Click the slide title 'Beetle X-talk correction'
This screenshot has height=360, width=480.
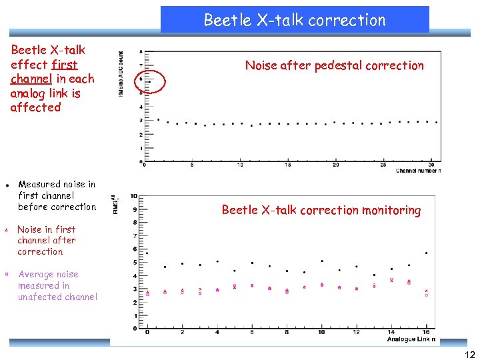click(295, 20)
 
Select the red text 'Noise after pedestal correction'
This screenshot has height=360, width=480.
click(334, 65)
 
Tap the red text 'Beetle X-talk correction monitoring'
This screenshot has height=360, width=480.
click(321, 210)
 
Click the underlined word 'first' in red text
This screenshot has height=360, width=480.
click(63, 65)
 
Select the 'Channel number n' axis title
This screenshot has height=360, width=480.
click(418, 171)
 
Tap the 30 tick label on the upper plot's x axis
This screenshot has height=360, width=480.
click(431, 165)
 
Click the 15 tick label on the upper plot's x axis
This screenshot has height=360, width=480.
click(288, 165)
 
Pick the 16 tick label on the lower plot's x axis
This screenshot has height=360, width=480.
click(426, 332)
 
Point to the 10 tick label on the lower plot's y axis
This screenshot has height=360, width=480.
click(134, 196)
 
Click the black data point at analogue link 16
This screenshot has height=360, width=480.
click(426, 253)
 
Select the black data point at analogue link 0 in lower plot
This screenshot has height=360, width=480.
click(147, 253)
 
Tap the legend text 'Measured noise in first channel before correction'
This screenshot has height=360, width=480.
click(57, 195)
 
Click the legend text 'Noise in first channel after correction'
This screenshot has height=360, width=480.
click(47, 240)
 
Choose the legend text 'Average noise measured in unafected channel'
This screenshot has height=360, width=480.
click(57, 285)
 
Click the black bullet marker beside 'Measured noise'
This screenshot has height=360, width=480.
click(5, 184)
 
